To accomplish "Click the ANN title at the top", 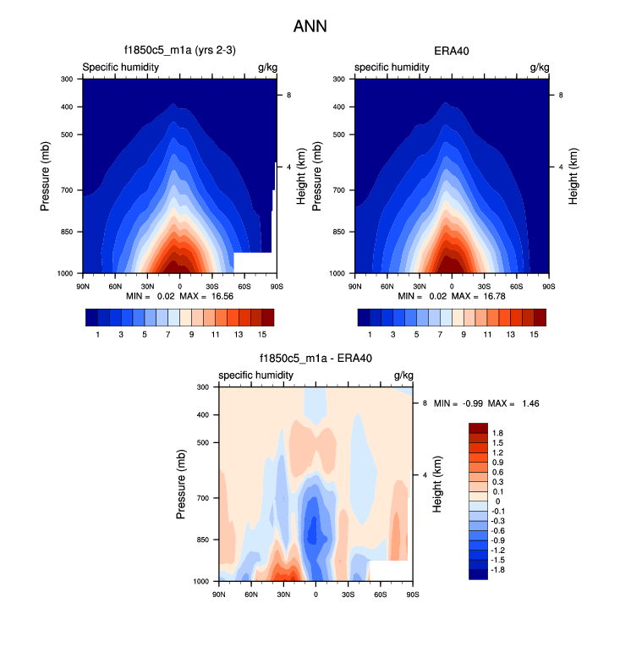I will [310, 26].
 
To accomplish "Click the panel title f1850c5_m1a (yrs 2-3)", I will [179, 51].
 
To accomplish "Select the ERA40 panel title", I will [452, 51].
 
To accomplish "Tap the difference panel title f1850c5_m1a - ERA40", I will [315, 359].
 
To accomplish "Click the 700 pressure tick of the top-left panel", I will [69, 190].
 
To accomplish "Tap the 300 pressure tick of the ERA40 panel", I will [342, 79].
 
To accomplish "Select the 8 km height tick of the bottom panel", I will [425, 403].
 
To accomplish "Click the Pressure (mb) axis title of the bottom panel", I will [183, 485].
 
